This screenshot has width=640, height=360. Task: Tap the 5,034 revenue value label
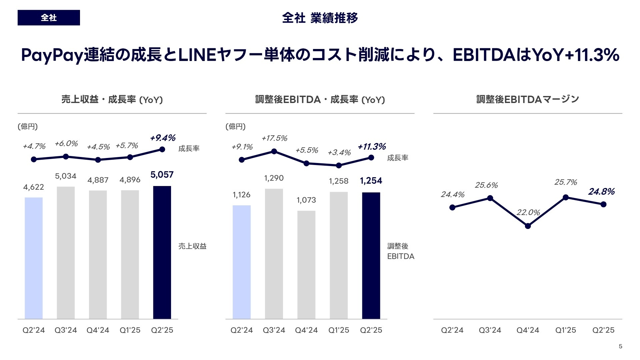coord(66,176)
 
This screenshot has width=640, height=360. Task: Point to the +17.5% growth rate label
coord(274,138)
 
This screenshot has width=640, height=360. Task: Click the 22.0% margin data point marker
coord(528,226)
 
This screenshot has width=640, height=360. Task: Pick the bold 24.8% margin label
coord(601,192)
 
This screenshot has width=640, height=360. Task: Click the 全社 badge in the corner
coord(49,18)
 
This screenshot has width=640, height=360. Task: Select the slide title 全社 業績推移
coord(320,18)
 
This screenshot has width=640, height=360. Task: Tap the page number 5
coord(620,346)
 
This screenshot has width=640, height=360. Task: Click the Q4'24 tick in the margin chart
coord(528,330)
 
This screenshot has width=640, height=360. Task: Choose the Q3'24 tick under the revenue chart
coord(66,330)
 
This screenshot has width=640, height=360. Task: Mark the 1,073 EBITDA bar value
coord(306,200)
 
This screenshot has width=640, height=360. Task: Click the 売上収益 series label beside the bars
coord(192,246)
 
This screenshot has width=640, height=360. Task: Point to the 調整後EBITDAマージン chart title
coord(527,99)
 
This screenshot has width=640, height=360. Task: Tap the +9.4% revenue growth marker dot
coord(162,149)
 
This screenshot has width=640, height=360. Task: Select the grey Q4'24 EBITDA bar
coord(306,265)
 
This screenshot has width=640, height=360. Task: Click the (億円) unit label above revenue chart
coord(28,126)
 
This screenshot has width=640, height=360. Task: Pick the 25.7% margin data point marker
coord(565,197)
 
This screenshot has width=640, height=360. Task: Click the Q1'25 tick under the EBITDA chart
coord(339,330)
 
